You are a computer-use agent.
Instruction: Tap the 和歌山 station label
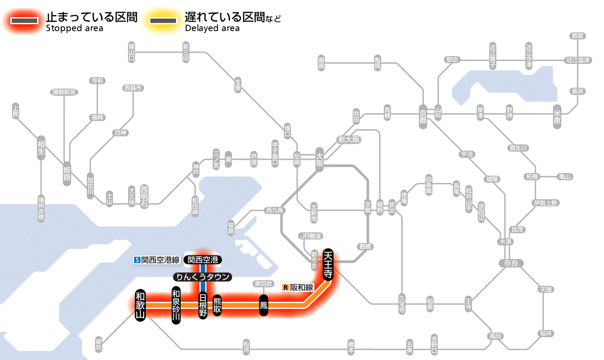[x=140, y=305]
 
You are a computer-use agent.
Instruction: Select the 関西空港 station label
[x=202, y=260]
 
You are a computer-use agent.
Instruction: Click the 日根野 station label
[x=203, y=305]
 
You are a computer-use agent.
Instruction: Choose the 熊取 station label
[x=217, y=305]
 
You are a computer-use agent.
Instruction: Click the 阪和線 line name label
[x=302, y=287]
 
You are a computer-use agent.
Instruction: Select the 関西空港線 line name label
[x=160, y=260]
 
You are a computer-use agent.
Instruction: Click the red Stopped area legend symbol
[x=27, y=21]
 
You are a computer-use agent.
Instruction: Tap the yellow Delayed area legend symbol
[x=163, y=21]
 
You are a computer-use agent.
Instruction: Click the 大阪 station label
[x=319, y=161]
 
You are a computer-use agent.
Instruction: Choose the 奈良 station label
[x=510, y=263]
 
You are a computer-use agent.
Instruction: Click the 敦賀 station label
[x=577, y=36]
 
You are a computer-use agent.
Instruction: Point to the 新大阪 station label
[x=349, y=139]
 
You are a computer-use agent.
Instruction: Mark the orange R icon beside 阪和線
[x=285, y=287]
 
